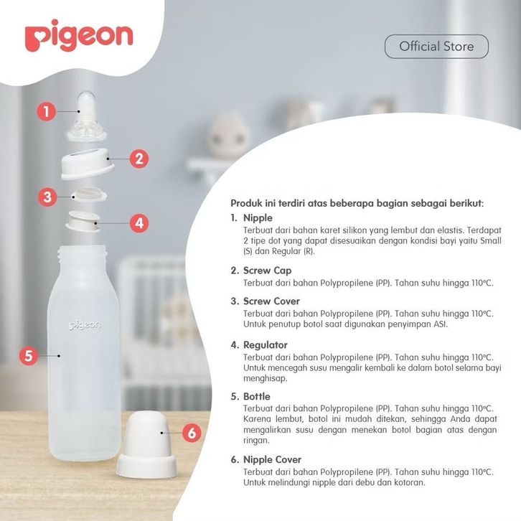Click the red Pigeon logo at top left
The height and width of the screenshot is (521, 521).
coord(79,36)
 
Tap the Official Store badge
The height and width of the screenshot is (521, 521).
coord(436,47)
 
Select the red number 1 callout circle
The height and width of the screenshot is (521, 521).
coord(46,111)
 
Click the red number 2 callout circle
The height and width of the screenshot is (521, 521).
coord(139,159)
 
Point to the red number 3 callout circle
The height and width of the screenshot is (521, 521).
coord(47,197)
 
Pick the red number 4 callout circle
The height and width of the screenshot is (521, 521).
coord(139,223)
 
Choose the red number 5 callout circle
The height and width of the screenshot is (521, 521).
coord(29,355)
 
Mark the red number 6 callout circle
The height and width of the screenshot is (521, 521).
coord(192,433)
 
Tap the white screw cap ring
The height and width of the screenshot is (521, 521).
coord(88,164)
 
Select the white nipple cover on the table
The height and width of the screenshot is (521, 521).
coord(146,445)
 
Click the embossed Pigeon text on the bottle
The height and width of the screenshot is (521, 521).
coord(85,325)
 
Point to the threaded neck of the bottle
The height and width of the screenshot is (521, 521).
coord(83,254)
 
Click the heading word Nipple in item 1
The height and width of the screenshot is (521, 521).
coord(258,218)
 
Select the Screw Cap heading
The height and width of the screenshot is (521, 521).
coord(268,271)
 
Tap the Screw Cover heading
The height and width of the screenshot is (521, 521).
coord(271,301)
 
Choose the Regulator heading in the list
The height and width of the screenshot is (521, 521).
coord(266,345)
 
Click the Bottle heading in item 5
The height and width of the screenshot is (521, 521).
coord(257,396)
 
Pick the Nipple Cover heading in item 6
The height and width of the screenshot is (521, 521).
coord(273,460)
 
